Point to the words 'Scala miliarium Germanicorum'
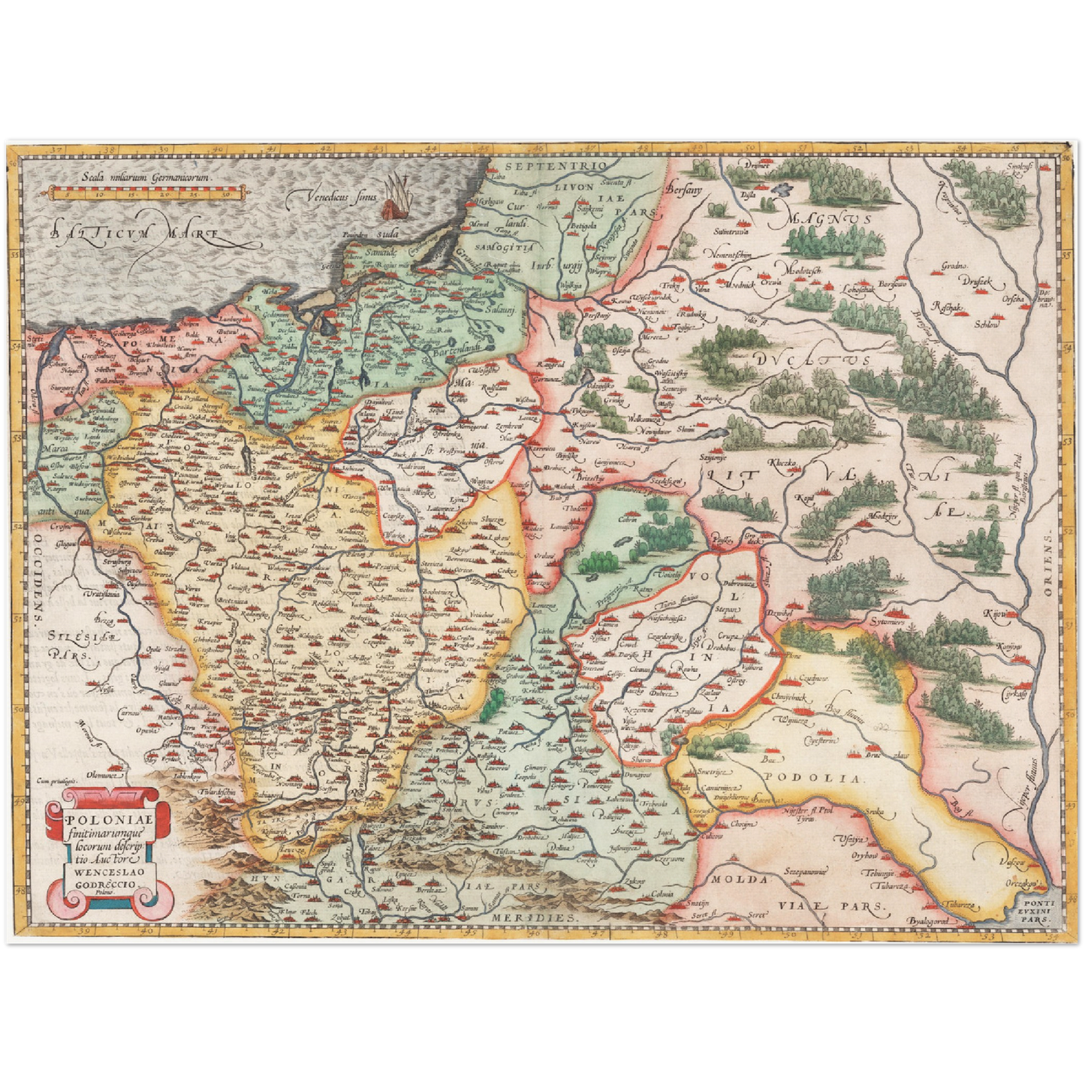click(x=148, y=178)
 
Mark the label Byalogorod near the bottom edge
click(x=929, y=921)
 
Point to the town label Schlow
click(x=987, y=324)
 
